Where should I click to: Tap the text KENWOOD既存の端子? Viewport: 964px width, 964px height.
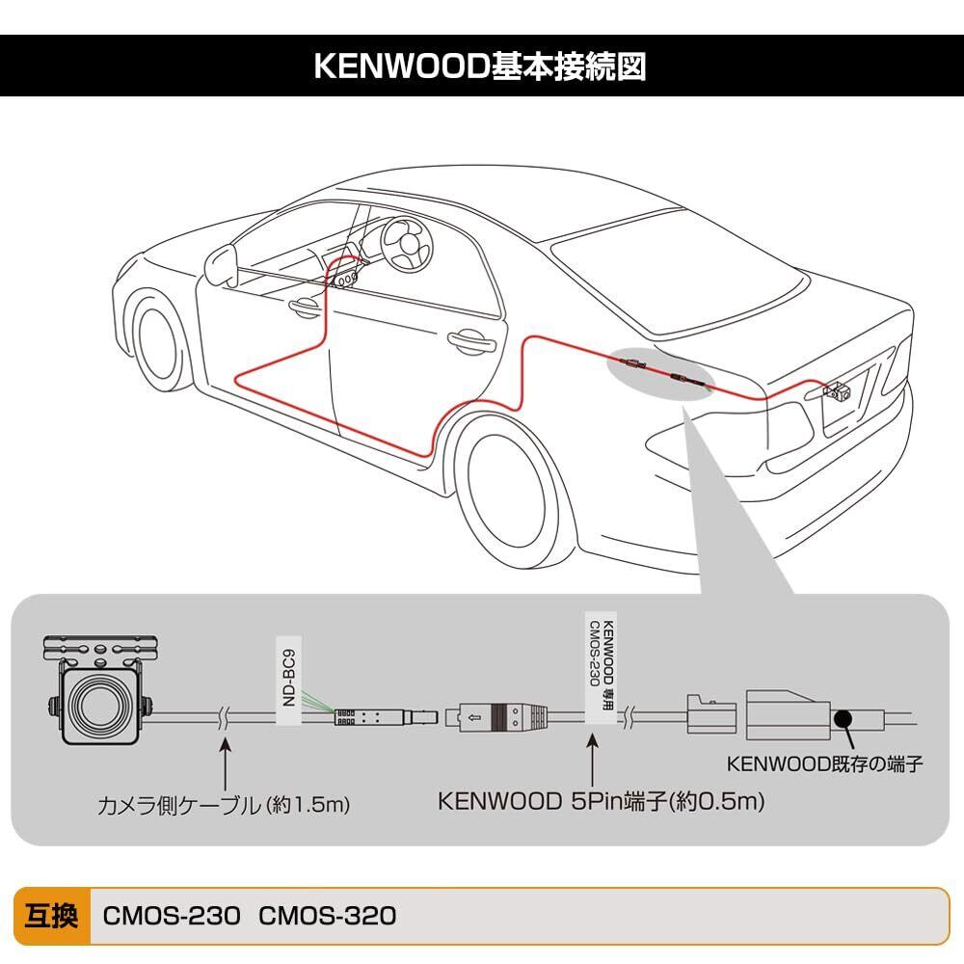pos(825,765)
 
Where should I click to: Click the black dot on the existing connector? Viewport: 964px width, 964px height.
pos(843,718)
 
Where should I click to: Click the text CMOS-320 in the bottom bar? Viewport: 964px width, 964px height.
pos(328,915)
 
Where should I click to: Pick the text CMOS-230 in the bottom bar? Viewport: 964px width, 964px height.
pos(171,915)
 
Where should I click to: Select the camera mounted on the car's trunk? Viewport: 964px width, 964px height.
pos(837,391)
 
